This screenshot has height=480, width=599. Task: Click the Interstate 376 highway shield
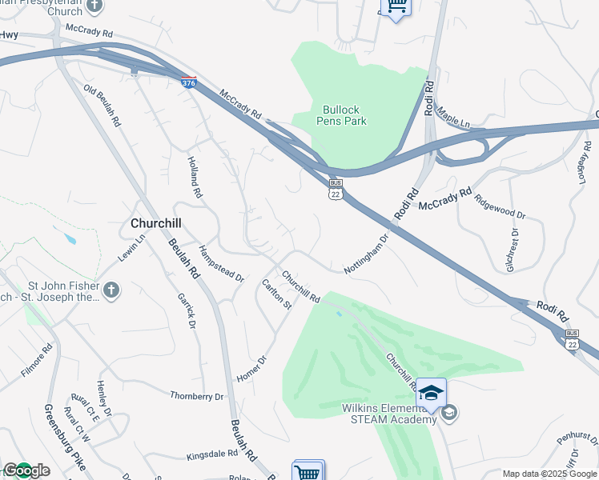[x=188, y=82]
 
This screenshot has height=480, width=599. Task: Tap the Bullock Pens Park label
[x=344, y=115]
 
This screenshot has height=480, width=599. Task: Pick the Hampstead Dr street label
[x=221, y=263]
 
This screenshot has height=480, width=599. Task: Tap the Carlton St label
[x=276, y=294]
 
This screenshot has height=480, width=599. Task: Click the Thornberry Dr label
[x=197, y=396]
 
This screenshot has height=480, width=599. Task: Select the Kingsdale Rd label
[x=212, y=454]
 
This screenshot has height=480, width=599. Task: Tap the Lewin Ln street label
[x=132, y=246]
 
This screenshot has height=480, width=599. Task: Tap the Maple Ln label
[x=454, y=118]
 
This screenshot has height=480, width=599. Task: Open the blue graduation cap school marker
[x=431, y=394]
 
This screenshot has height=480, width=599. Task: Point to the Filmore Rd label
[x=37, y=360]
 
